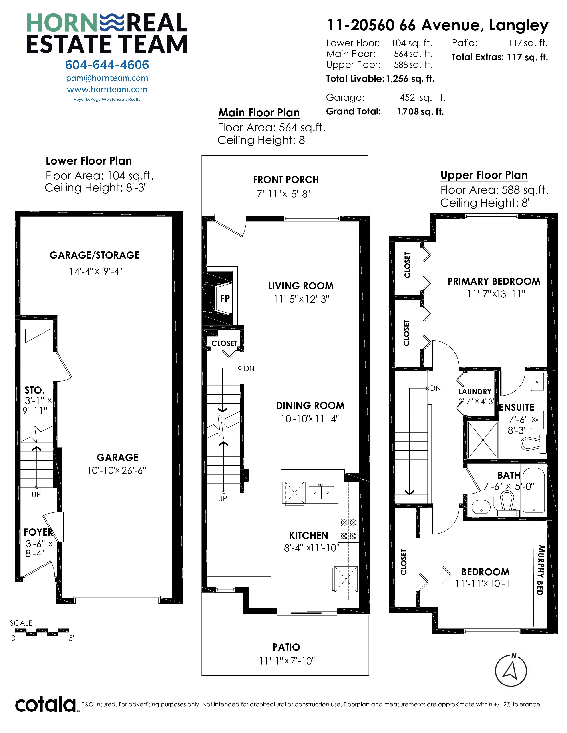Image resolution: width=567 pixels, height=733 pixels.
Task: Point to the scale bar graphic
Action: (x=42, y=632)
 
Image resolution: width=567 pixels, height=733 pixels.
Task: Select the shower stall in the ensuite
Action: (x=483, y=440)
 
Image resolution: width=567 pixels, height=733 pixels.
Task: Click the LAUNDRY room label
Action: (x=475, y=392)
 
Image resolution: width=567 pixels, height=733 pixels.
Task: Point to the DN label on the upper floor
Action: (x=435, y=388)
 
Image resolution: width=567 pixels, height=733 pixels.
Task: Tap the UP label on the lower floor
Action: (x=36, y=494)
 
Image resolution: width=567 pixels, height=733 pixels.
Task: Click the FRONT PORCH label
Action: (x=286, y=180)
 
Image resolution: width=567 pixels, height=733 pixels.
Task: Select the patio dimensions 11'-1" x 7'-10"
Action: (x=287, y=661)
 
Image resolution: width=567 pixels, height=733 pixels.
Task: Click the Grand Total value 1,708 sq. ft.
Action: (x=420, y=112)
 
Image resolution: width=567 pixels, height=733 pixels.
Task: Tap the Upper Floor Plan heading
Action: (x=484, y=175)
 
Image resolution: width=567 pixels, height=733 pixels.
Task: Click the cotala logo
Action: (x=46, y=705)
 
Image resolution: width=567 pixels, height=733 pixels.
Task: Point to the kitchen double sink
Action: (x=321, y=492)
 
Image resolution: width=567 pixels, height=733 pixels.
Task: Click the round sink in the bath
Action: (x=481, y=506)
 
